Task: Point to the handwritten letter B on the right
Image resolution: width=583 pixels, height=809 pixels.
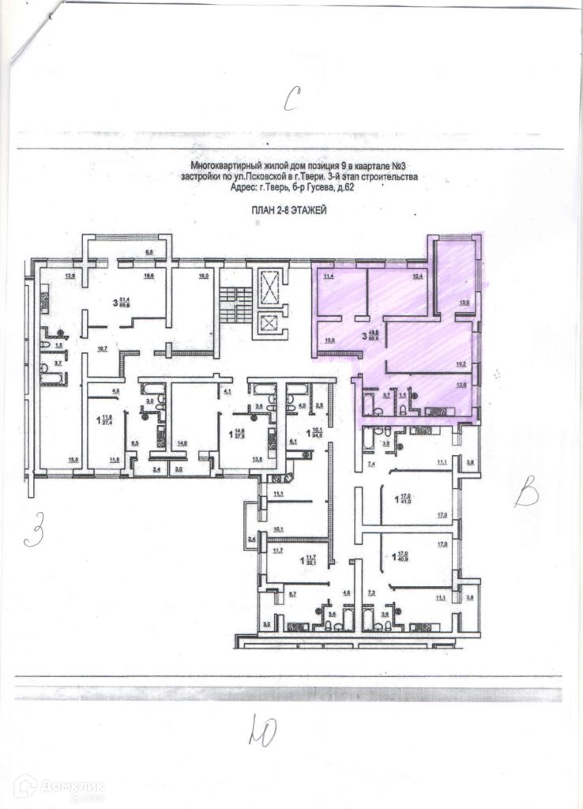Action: pos(525,495)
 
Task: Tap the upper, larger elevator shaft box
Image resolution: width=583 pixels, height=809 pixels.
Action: pos(269,285)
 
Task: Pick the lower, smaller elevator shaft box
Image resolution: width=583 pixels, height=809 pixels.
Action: pos(269,324)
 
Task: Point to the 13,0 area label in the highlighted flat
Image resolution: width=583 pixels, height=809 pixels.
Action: pos(465,303)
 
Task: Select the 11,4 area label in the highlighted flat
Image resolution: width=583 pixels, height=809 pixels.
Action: pos(325,276)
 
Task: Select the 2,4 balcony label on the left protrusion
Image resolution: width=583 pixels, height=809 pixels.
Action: pos(252,540)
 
